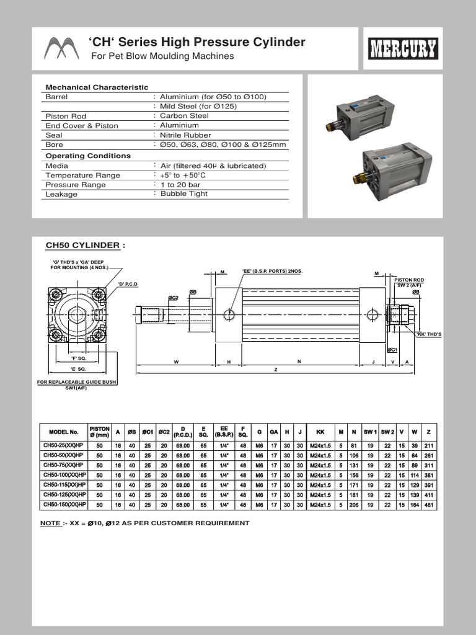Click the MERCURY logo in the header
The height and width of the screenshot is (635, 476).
403,48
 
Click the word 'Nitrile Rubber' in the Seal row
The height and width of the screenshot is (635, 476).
185,135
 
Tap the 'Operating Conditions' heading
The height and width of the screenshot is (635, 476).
88,156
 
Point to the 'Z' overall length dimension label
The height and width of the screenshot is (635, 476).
275,369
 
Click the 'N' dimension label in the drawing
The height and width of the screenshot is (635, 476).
299,361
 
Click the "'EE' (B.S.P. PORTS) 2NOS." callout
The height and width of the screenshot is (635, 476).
272,272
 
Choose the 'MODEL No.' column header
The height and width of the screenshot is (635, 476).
60,431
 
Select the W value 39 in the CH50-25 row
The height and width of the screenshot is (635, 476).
414,445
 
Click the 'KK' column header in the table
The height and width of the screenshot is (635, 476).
320,431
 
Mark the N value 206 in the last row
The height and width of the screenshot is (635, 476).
354,505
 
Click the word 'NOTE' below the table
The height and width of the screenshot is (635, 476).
50,523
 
